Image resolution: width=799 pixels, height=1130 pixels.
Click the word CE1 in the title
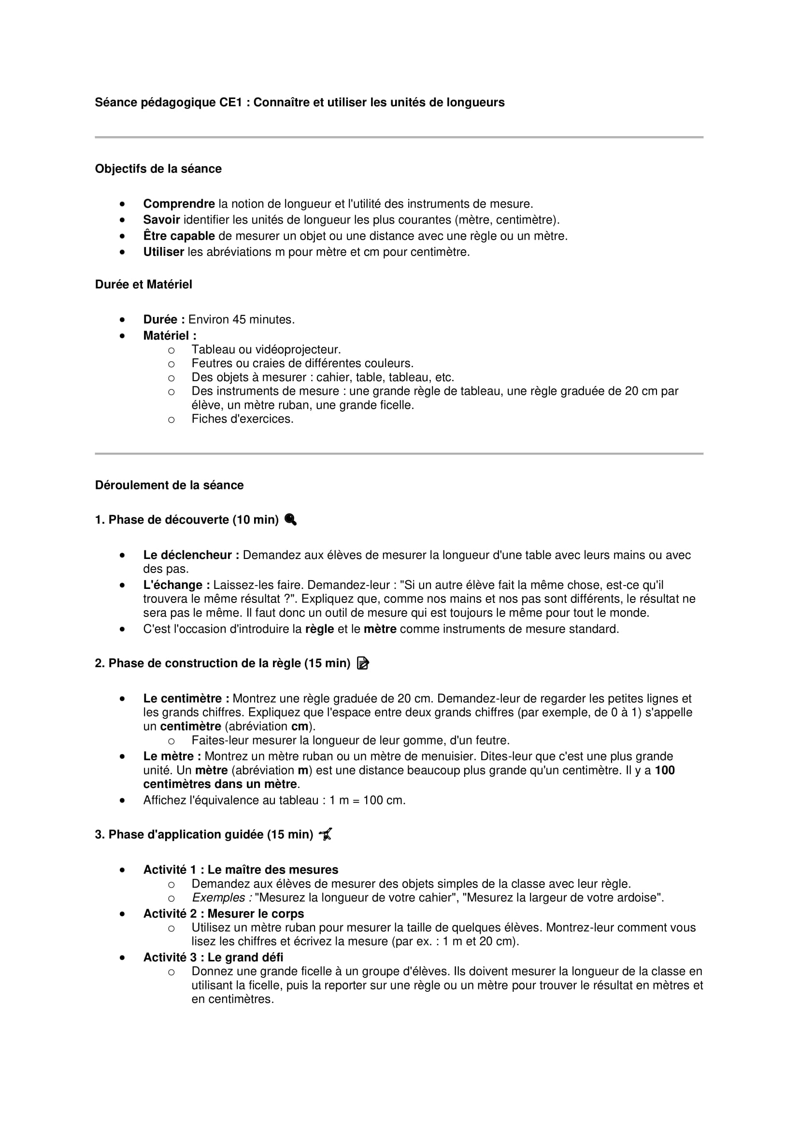231,102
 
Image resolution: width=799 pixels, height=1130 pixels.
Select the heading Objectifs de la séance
158,169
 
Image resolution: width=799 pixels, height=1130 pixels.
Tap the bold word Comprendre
179,204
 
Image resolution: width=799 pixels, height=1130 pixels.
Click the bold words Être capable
179,236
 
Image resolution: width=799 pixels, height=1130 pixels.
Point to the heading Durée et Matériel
143,285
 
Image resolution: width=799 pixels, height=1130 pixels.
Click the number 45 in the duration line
239,320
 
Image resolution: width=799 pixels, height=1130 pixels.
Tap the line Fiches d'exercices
242,419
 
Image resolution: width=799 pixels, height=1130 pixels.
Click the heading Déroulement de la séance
169,485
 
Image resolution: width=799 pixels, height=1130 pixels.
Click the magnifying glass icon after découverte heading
290,520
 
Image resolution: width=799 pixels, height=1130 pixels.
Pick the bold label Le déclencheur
191,555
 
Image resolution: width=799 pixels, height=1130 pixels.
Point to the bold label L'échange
176,585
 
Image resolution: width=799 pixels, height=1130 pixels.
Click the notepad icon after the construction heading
363,663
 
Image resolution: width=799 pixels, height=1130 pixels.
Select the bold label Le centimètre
186,699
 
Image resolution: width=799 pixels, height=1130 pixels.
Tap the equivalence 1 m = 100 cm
367,801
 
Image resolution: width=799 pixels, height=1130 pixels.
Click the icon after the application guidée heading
326,835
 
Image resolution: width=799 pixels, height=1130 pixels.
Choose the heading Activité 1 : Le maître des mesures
241,870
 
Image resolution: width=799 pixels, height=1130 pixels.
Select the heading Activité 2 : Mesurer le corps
223,914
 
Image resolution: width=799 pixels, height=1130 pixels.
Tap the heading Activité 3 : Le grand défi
213,958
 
